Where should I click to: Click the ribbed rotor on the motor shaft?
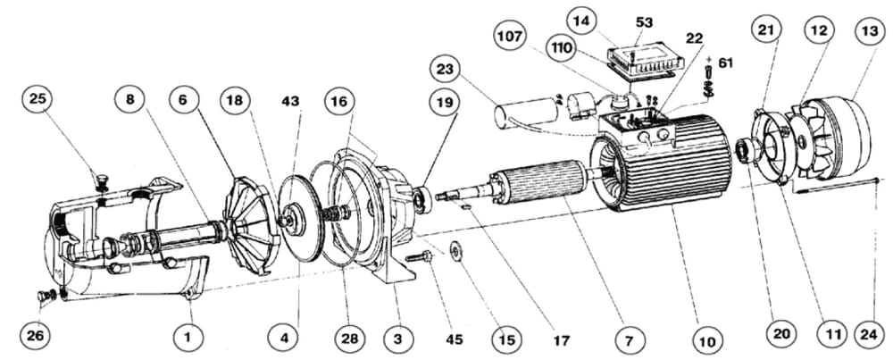(x=537, y=180)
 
